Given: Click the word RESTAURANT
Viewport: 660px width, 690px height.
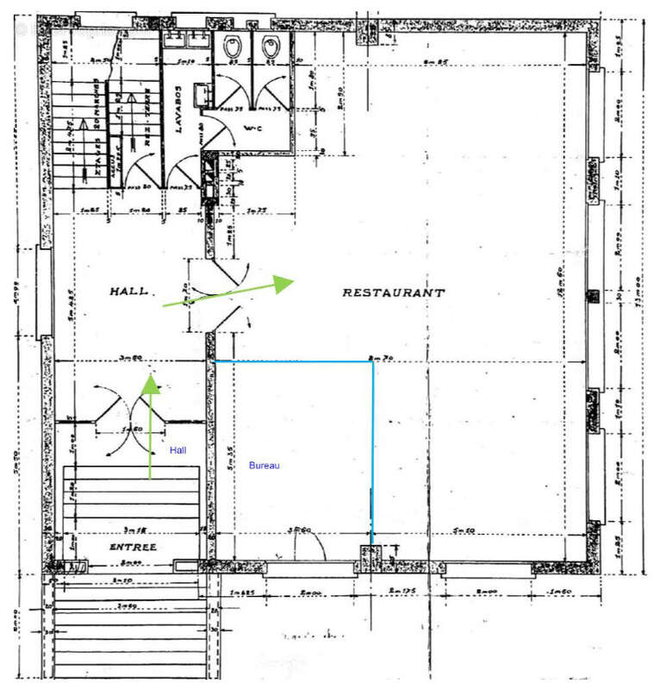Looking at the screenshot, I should point(394,292).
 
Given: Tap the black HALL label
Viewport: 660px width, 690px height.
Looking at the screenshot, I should point(128,292).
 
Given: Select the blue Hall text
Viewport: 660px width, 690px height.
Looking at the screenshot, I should point(177,450).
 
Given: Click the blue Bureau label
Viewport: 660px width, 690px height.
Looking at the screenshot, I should point(265,466).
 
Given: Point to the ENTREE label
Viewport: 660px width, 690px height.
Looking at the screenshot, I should point(133,547).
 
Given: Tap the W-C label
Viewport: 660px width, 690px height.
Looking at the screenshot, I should point(252,129).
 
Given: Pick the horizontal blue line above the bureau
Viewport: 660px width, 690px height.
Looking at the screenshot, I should point(293,361).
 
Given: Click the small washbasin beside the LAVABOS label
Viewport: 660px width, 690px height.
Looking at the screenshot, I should point(199,92).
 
